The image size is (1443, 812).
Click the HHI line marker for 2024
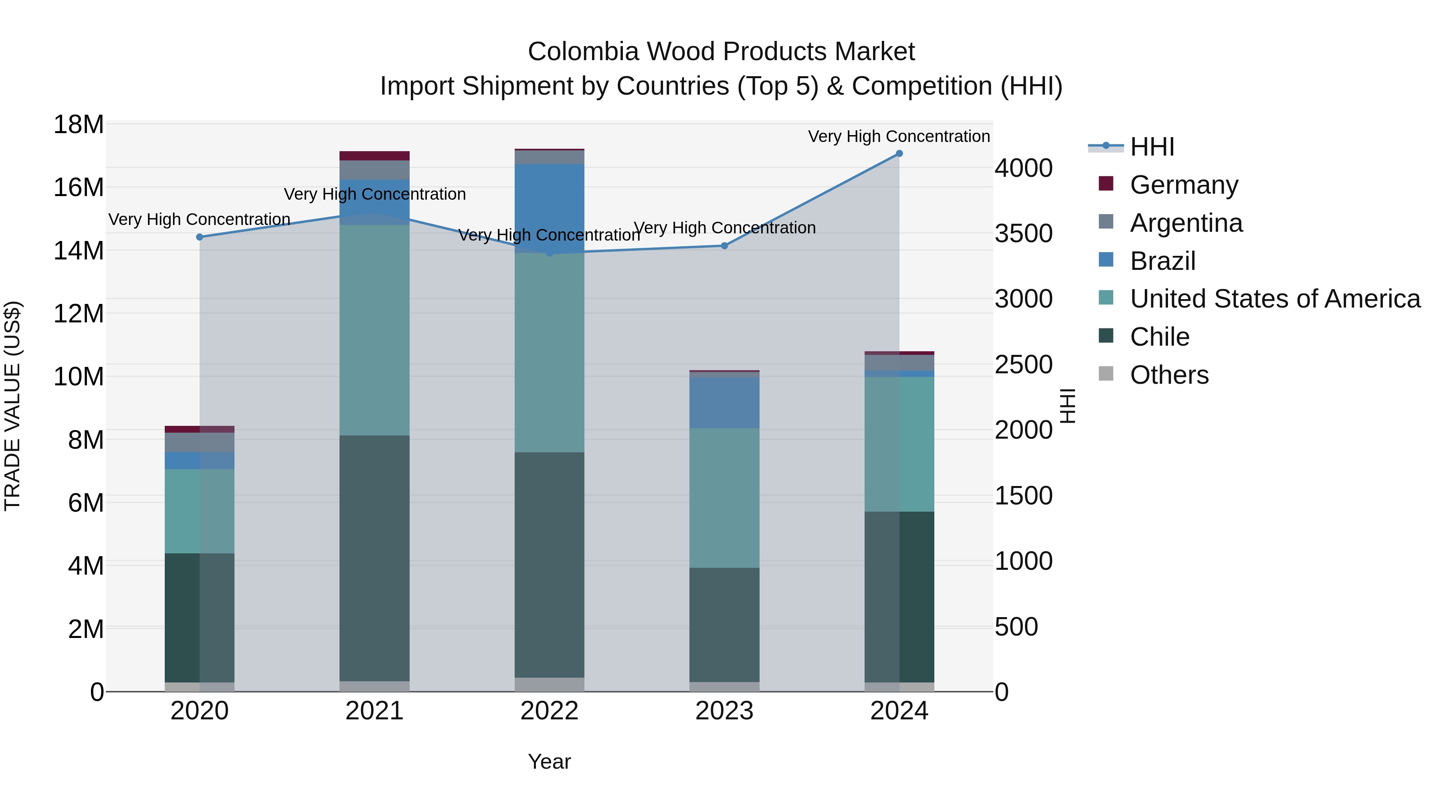tap(899, 154)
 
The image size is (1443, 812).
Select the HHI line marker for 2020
tap(200, 237)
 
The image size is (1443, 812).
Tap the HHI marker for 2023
tap(724, 245)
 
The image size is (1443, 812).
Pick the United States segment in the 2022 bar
tap(549, 353)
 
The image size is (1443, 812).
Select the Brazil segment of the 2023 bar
tap(724, 403)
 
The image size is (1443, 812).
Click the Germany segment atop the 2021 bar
tap(374, 156)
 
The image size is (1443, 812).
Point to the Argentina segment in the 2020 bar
tap(200, 442)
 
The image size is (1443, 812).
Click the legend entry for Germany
tap(1183, 185)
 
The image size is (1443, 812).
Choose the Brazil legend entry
tap(1162, 261)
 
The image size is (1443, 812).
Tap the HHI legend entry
tap(1152, 147)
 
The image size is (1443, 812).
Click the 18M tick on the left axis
tap(79, 124)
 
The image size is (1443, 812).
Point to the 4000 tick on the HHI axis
tap(1023, 168)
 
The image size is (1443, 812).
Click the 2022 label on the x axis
tap(549, 711)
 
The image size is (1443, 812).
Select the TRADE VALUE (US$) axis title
tap(12, 406)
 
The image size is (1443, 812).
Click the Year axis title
tap(549, 761)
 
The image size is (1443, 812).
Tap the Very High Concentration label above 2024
tap(899, 136)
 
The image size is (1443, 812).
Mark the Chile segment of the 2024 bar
tap(899, 596)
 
